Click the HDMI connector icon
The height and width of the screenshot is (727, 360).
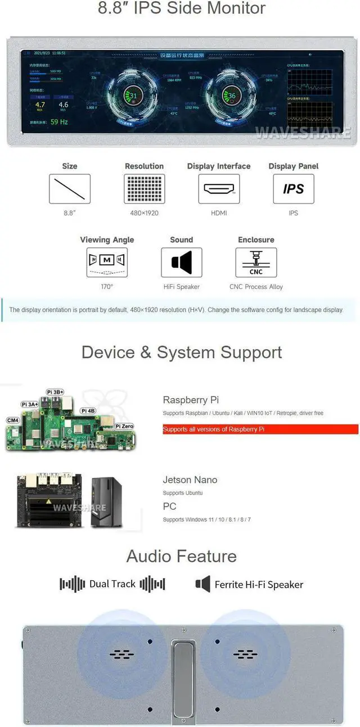pos(219,189)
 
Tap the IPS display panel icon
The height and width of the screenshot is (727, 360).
pos(293,189)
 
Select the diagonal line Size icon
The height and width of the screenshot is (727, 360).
pos(70,189)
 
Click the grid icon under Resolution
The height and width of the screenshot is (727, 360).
pos(145,189)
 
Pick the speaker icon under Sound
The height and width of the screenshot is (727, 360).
pos(181,263)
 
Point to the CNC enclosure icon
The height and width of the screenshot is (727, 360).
pos(256,263)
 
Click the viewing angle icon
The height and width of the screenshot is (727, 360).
pos(107,263)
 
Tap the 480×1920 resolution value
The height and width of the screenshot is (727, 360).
pos(145,213)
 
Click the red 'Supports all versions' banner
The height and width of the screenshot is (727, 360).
pos(260,429)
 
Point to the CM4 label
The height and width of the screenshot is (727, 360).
pos(13,420)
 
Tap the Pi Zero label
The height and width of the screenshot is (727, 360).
pos(124,426)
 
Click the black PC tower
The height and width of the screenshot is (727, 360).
pos(106,502)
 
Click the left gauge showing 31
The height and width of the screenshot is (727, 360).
pos(133,96)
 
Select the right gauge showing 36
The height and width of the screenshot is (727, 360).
pos(231,96)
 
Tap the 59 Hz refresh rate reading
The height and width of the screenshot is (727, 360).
pos(59,121)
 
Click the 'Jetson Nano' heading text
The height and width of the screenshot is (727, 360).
pos(190,480)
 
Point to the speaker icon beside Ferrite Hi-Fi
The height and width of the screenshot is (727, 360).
pos(202,584)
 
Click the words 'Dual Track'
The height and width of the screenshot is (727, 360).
pos(112,584)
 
